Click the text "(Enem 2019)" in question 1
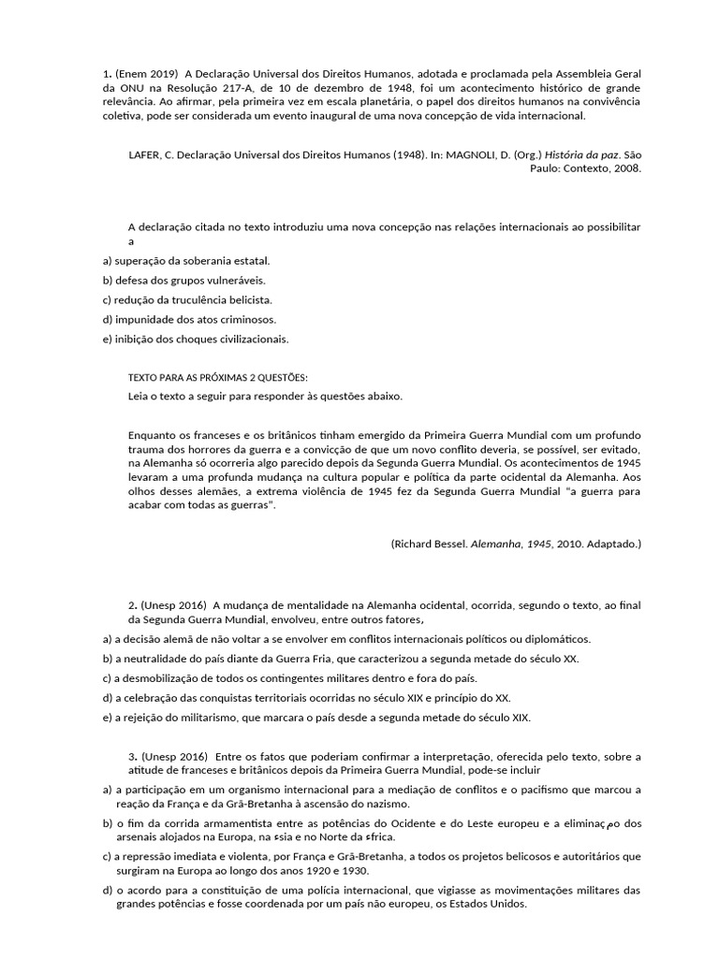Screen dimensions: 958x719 click(146, 73)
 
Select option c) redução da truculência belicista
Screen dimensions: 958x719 click(187, 300)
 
